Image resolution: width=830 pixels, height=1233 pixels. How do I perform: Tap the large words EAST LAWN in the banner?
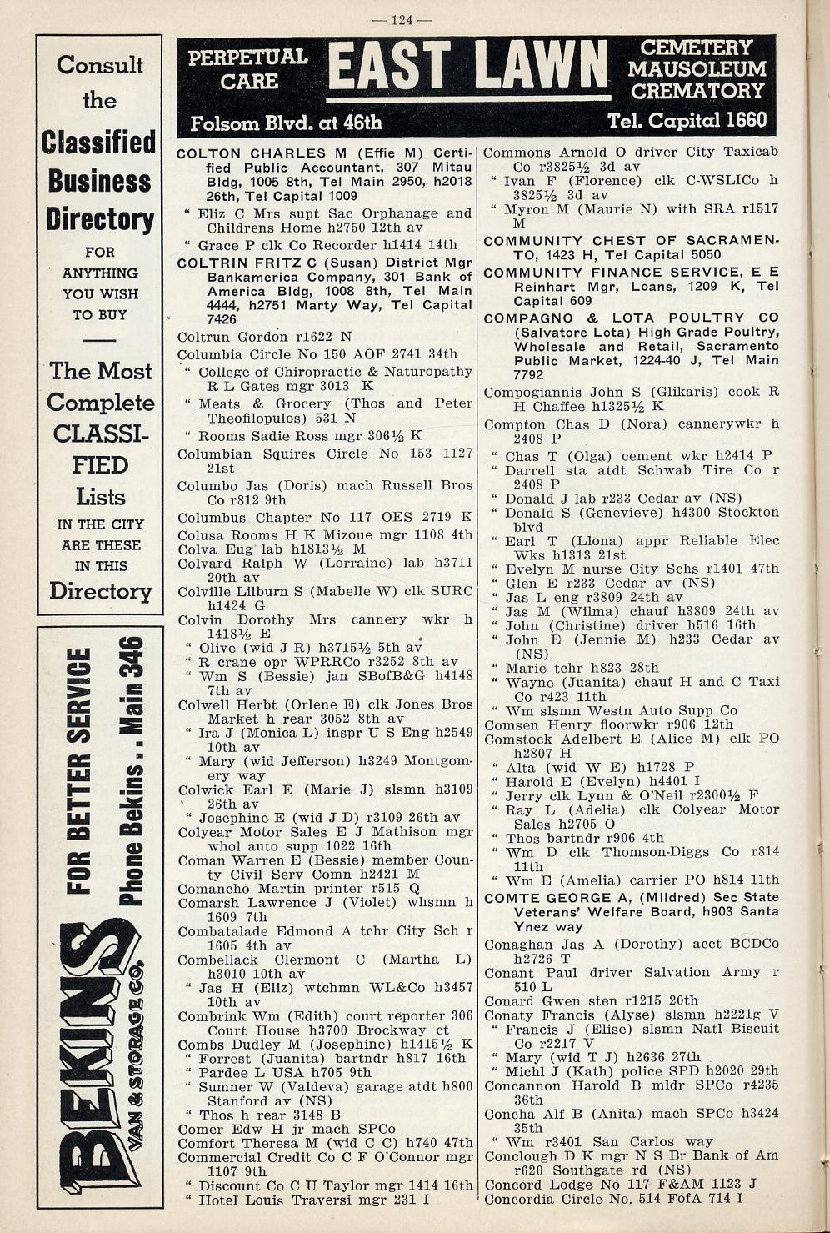point(467,68)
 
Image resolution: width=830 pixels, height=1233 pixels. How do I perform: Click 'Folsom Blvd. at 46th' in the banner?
point(286,123)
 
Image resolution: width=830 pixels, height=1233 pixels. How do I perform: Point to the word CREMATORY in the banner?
point(697,90)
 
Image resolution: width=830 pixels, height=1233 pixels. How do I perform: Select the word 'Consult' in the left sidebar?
point(99,65)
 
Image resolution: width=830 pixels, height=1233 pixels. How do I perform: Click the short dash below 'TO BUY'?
point(99,341)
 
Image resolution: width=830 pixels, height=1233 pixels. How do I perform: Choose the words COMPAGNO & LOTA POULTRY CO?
point(631,318)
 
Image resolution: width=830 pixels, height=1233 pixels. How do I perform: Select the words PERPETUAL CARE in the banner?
point(248,69)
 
